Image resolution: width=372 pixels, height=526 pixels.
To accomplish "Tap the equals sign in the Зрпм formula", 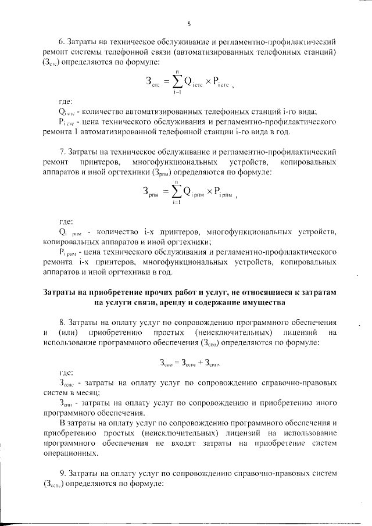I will pyautogui.click(x=162, y=190).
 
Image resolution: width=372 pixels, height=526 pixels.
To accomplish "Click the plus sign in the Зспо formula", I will pyautogui.click(x=191, y=362).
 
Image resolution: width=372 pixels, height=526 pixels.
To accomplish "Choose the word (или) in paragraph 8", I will pyautogui.click(x=68, y=333).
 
